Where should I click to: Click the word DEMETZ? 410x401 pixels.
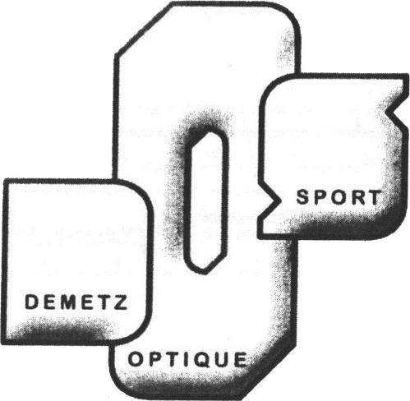(76, 302)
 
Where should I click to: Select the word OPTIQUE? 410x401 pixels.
(187, 360)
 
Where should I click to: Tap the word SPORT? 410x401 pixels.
(339, 197)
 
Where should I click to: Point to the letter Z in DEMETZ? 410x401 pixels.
(121, 302)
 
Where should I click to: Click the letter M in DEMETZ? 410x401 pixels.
(67, 302)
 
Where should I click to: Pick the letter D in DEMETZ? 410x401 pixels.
(31, 302)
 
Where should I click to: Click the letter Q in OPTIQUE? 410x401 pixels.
(201, 360)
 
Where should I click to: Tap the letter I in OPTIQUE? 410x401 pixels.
(187, 360)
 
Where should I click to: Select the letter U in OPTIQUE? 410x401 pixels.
(221, 360)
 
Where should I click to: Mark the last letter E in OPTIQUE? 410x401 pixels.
(241, 360)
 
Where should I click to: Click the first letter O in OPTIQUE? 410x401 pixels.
(136, 360)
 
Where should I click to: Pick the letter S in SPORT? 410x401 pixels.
(303, 197)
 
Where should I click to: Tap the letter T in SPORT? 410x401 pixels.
(375, 197)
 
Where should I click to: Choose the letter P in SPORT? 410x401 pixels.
(320, 197)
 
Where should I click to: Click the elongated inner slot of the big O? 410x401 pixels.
(206, 203)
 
